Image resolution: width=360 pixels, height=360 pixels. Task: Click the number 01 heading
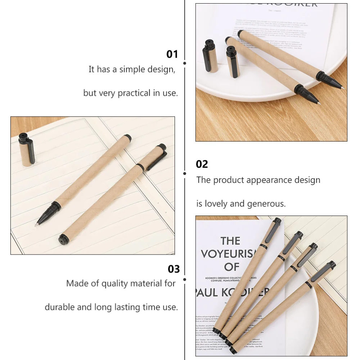pyautogui.click(x=172, y=54)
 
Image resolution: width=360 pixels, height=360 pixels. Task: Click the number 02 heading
pyautogui.click(x=202, y=164)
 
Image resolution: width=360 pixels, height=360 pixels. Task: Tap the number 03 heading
pyautogui.click(x=174, y=269)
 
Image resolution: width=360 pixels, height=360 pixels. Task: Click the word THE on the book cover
pyautogui.click(x=230, y=240)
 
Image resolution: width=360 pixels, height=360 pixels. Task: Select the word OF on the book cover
pyautogui.click(x=231, y=267)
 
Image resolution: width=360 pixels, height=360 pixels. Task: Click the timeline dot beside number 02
pyautogui.click(x=185, y=173)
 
